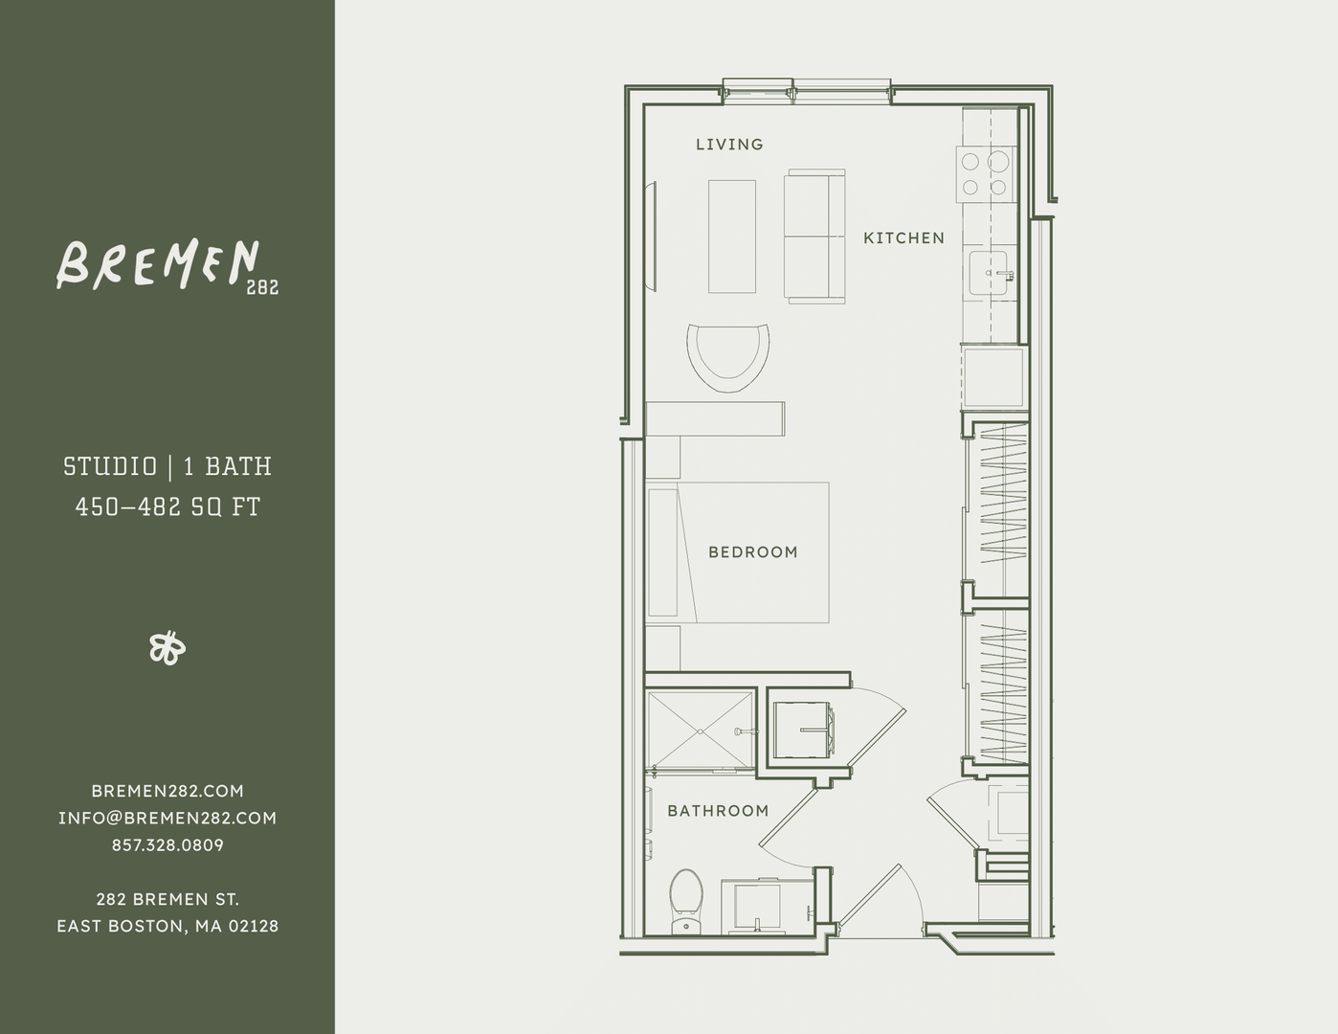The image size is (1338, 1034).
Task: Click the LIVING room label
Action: click(729, 145)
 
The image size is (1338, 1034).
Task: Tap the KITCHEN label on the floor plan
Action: click(903, 238)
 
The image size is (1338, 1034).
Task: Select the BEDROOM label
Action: click(752, 552)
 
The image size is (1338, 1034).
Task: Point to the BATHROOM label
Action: click(718, 811)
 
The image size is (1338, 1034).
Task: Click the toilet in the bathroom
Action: click(685, 900)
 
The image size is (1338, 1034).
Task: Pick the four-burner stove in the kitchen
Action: click(985, 174)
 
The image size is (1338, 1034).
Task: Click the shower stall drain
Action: click(701, 731)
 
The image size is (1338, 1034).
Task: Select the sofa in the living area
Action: click(814, 236)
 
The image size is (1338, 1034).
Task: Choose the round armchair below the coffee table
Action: click(729, 356)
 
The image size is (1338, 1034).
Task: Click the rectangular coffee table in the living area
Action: click(731, 236)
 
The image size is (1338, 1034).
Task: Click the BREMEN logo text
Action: click(158, 264)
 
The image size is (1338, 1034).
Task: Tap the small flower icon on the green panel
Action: click(167, 648)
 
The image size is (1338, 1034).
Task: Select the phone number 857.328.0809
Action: click(167, 845)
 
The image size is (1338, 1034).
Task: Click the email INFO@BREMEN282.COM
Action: click(167, 819)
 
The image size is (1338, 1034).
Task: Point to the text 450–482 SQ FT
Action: click(167, 506)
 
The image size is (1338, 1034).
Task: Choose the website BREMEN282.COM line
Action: click(167, 791)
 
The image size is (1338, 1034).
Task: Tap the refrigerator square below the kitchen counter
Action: click(993, 378)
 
